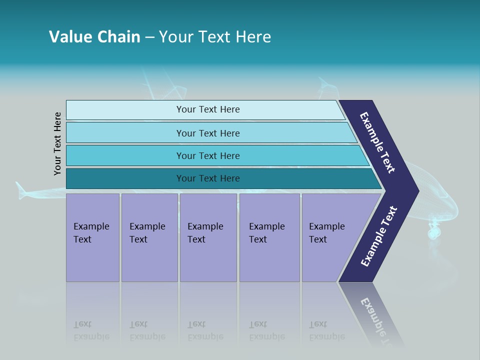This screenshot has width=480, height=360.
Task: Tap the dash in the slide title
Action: [149, 37]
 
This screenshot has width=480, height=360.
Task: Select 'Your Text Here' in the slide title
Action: [215, 37]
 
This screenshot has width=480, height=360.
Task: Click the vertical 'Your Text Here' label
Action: [57, 144]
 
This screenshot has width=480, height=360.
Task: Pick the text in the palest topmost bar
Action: [208, 109]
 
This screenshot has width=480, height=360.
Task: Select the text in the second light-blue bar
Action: [208, 133]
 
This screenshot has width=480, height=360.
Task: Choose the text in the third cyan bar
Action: [208, 156]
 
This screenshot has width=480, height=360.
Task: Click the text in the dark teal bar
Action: [208, 178]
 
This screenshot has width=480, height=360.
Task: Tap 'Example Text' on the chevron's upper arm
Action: [377, 142]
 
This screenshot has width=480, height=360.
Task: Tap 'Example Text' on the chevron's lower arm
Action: [379, 236]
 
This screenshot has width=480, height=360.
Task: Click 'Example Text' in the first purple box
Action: [91, 233]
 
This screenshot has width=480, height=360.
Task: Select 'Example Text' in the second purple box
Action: [147, 233]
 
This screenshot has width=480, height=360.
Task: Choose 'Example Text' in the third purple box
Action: [205, 233]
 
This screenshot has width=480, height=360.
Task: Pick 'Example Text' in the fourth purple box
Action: [266, 233]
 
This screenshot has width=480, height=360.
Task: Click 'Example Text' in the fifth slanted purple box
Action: [326, 233]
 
